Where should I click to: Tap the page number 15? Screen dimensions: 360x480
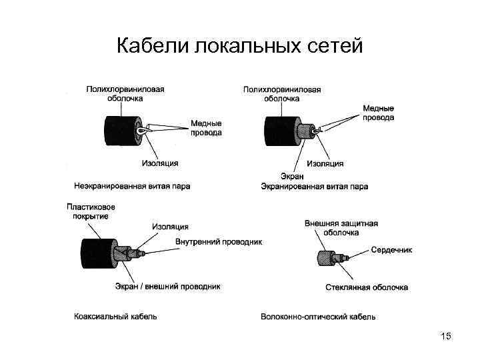tap(446, 337)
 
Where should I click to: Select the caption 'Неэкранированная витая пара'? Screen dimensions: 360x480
tap(132, 186)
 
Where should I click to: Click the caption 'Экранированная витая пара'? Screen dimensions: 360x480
tap(314, 186)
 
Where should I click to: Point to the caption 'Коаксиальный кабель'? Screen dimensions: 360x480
tap(115, 316)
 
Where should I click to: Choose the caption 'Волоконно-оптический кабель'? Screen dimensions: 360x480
tap(318, 316)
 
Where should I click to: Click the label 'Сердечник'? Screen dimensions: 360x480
tap(391, 250)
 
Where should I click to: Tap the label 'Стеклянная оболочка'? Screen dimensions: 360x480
tap(367, 287)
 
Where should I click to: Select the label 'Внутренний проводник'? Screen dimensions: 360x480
tap(219, 241)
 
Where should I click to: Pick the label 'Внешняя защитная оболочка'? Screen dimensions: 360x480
tap(341, 228)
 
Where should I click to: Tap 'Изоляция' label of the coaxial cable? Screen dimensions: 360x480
tap(170, 227)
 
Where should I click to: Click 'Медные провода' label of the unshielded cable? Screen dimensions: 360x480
tap(206, 128)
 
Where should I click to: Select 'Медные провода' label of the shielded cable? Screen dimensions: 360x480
tap(378, 113)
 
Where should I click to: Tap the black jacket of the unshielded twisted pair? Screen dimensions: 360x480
tap(118, 131)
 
